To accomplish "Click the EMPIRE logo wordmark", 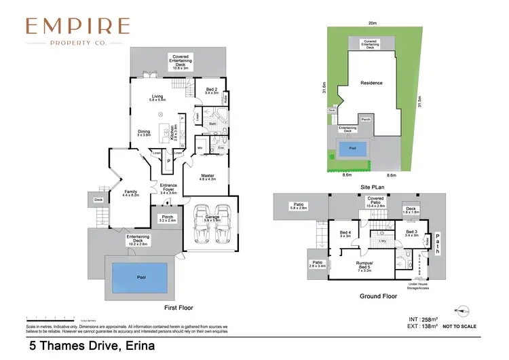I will coord(77,26).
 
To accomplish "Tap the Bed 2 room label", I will coord(212,90).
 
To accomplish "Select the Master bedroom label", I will coord(208,177).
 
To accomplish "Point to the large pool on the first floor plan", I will coord(140,276).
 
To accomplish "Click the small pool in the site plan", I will coord(352,150).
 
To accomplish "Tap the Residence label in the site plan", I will coord(371,84).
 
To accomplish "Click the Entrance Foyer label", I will coord(168,187).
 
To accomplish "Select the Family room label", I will coord(130,194).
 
